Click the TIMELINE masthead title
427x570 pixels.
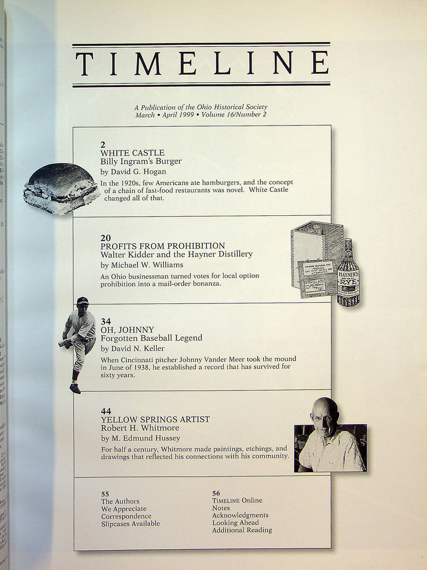pyautogui.click(x=201, y=64)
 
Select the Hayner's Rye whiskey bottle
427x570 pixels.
pyautogui.click(x=348, y=274)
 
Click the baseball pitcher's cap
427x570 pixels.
pyautogui.click(x=82, y=300)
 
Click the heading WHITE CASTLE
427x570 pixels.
pyautogui.click(x=132, y=153)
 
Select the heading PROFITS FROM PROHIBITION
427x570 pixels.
pyautogui.click(x=163, y=246)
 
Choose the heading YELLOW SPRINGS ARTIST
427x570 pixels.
pyautogui.click(x=155, y=419)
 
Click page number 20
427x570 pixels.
pyautogui.click(x=106, y=237)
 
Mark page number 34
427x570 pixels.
pyautogui.click(x=106, y=321)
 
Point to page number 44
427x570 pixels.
pyautogui.click(x=106, y=411)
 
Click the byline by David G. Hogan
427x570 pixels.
pyautogui.click(x=133, y=171)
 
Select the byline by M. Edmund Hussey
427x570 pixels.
pyautogui.click(x=140, y=438)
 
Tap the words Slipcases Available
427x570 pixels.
pyautogui.click(x=130, y=524)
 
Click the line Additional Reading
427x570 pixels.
pyautogui.click(x=242, y=530)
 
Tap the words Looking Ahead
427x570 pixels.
pyautogui.click(x=235, y=523)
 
